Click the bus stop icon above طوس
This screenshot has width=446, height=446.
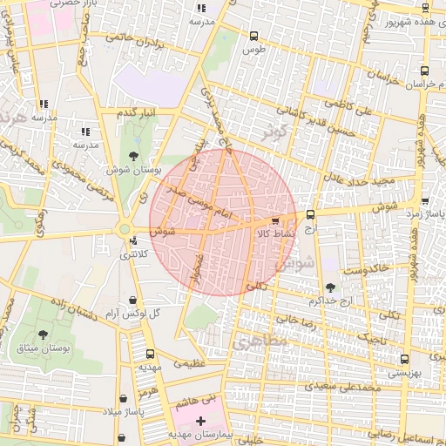(253, 37)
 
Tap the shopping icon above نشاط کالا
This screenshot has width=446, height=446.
(276, 221)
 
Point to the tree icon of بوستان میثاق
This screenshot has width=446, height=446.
(44, 334)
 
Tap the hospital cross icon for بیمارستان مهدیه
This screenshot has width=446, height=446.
(201, 421)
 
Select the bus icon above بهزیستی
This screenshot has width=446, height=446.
(402, 358)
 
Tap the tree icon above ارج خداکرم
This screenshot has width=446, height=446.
(330, 287)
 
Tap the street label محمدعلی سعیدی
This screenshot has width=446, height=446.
(344, 385)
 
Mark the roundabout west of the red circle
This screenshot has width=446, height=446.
(121, 231)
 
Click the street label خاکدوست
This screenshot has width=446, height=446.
(365, 271)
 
